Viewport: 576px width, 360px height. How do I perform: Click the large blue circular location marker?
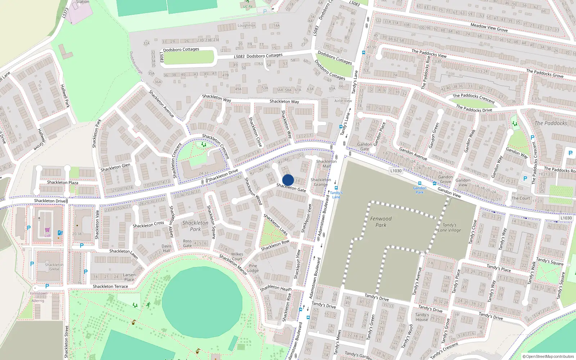(288, 180)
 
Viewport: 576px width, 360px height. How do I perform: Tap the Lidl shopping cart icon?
(48, 230)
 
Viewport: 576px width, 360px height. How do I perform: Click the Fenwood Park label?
(381, 222)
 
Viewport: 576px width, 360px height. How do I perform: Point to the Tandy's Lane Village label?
(449, 228)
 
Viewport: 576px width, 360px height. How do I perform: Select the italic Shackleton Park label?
(195, 226)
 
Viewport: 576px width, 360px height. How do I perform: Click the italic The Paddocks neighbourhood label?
(550, 123)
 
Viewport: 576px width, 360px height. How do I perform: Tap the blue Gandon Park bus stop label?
(420, 190)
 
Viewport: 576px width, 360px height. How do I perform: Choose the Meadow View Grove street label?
(489, 27)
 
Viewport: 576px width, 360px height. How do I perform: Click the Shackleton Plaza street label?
(63, 183)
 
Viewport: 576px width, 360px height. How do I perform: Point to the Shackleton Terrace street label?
(110, 287)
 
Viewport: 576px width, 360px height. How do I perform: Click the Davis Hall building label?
(166, 248)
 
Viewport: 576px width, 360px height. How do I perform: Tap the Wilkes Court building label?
(237, 256)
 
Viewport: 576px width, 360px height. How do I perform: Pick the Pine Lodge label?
(253, 268)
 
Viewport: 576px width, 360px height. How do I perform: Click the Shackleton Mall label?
(326, 164)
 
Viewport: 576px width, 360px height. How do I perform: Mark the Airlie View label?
(343, 101)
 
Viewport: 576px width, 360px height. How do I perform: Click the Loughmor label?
(246, 26)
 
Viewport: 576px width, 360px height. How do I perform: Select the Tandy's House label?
(422, 317)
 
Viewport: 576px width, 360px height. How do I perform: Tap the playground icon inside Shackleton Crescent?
(204, 145)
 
